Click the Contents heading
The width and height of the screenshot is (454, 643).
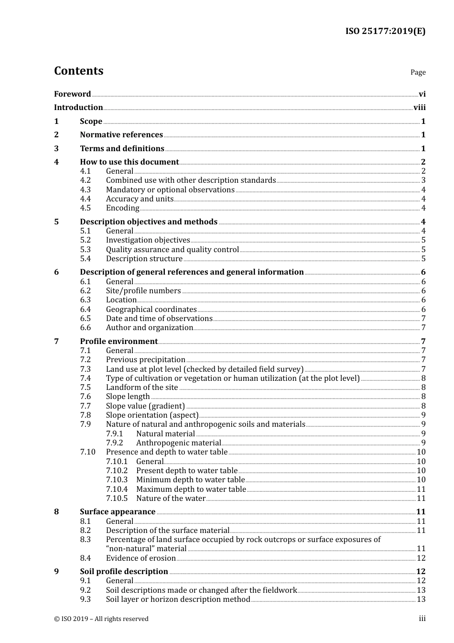pos(78,71)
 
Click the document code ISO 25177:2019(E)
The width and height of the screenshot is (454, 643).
pos(385,31)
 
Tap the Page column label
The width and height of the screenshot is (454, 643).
pos(418,72)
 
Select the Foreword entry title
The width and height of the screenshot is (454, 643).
pos(72,94)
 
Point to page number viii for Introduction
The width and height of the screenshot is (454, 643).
pos(419,108)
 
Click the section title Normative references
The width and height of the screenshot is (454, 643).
pos(121,135)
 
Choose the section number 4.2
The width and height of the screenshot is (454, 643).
pos(85,180)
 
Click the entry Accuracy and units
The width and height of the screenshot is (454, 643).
pos(140,199)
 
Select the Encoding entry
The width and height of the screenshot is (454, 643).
pos(122,208)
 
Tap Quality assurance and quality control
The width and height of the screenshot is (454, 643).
pos(172,250)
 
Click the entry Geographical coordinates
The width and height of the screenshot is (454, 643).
pos(151,310)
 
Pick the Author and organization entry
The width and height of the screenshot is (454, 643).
pos(149,328)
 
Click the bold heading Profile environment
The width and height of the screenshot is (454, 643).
pos(119,342)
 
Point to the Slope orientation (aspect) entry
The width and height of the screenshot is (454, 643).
pos(152,415)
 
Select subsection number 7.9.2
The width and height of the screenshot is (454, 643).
pos(114,443)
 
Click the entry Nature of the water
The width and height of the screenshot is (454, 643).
pos(171,499)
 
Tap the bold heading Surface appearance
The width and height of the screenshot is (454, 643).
pos(118,512)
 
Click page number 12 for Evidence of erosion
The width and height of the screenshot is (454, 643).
pos(421,558)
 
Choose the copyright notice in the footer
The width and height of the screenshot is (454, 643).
pos(101,619)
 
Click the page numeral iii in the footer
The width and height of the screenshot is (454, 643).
pos(422,619)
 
